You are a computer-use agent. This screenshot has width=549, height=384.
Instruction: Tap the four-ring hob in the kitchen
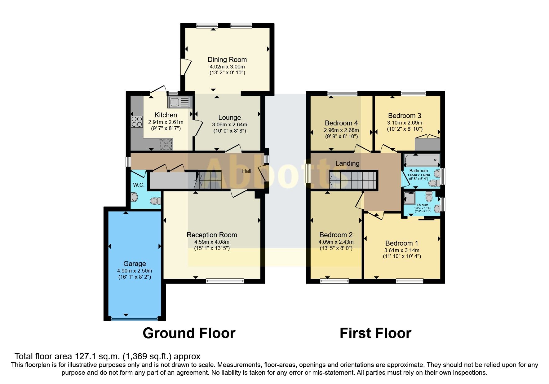point(137,121)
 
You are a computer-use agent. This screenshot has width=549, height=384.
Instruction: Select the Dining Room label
point(227,59)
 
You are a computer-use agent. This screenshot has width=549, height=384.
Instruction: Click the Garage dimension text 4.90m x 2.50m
point(135,271)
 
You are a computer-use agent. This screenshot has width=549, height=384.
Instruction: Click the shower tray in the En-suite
point(410,198)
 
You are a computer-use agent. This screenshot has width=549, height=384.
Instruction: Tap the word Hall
point(247,171)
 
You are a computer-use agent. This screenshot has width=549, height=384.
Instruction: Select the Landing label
point(347,163)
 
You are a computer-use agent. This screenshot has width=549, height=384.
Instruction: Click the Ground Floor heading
point(189,333)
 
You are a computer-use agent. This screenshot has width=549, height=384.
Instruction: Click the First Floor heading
point(375,333)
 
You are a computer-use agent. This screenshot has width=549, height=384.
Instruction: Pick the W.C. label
point(139,185)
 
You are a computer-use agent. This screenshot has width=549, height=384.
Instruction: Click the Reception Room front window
point(225,281)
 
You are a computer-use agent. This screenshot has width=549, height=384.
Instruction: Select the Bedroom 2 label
point(336,235)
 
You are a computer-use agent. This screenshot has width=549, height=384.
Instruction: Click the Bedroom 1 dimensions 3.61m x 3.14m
point(402,250)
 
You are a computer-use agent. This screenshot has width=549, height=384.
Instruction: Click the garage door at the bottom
point(135,318)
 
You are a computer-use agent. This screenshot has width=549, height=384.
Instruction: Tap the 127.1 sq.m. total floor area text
point(107,356)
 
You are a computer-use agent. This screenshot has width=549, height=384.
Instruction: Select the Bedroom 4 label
point(341,123)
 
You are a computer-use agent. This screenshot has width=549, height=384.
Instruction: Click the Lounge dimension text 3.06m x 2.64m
point(229,124)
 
